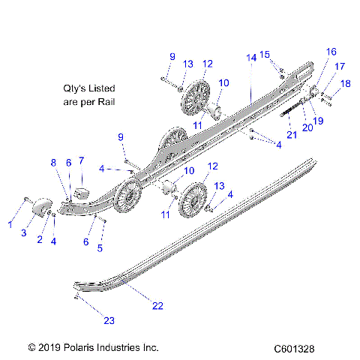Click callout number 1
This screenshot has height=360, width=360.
pos(10,224)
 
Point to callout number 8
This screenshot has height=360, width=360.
pos(53,163)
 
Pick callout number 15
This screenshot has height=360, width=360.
pos(264,54)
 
